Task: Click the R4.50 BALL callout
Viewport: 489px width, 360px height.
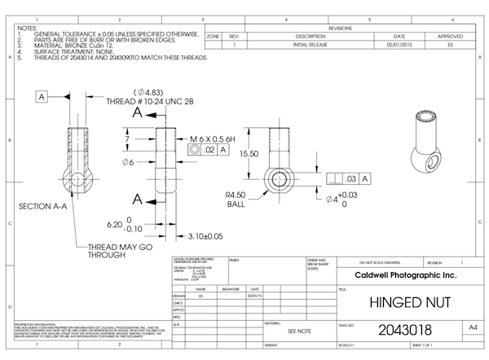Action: (236, 199)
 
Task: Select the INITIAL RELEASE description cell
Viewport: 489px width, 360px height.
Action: (310, 46)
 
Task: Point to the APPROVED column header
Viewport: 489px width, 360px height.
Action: (450, 37)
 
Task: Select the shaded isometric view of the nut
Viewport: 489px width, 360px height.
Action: (428, 143)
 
